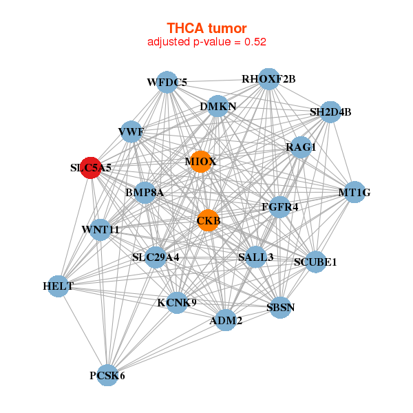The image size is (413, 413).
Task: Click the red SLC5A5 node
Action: (x=91, y=167)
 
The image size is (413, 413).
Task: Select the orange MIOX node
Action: (x=201, y=162)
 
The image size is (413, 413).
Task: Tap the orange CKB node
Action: (x=209, y=221)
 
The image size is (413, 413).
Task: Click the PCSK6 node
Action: (x=107, y=375)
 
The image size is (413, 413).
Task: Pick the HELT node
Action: (x=59, y=286)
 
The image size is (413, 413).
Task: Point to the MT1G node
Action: (x=354, y=193)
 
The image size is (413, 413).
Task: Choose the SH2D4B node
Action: (x=330, y=112)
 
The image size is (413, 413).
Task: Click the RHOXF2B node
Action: (x=268, y=79)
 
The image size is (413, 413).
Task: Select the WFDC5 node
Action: (x=167, y=83)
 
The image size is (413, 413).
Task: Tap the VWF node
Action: (x=131, y=131)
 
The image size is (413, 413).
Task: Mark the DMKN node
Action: (x=218, y=107)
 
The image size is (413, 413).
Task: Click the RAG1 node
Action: (x=301, y=147)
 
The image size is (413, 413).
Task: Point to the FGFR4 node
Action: (x=279, y=206)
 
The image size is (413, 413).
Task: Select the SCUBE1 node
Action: (x=315, y=262)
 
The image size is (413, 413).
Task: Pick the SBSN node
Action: (x=280, y=307)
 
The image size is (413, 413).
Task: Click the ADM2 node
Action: (x=226, y=320)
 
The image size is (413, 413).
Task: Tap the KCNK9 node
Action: (x=177, y=302)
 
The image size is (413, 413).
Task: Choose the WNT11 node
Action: (x=100, y=229)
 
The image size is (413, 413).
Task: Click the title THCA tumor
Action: (x=206, y=28)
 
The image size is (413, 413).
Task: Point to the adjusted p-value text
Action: (x=206, y=41)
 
